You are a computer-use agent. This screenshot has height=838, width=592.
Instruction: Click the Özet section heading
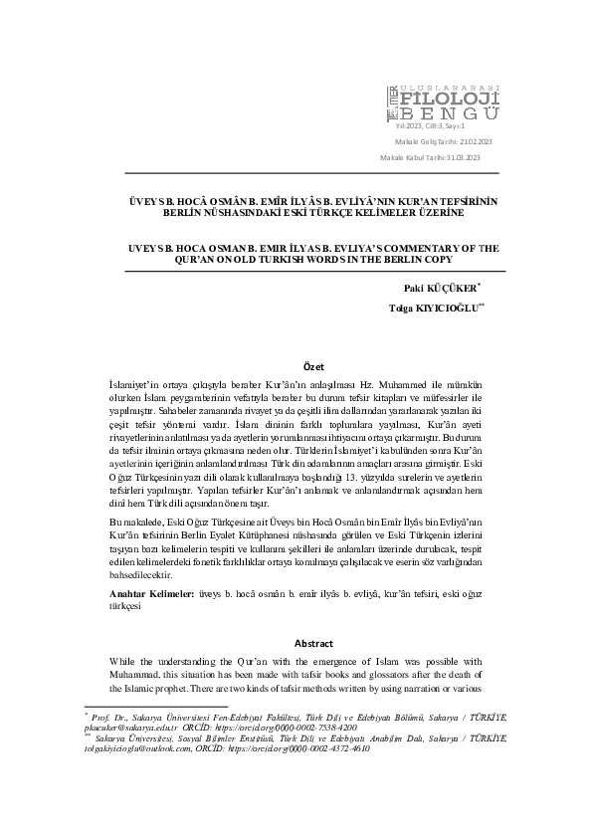point(312,367)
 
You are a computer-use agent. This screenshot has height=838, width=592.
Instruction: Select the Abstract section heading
point(312,642)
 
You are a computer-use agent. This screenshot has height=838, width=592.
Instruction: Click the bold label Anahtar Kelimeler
point(151,592)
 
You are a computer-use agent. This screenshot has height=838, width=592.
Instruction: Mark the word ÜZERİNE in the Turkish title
point(438,212)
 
